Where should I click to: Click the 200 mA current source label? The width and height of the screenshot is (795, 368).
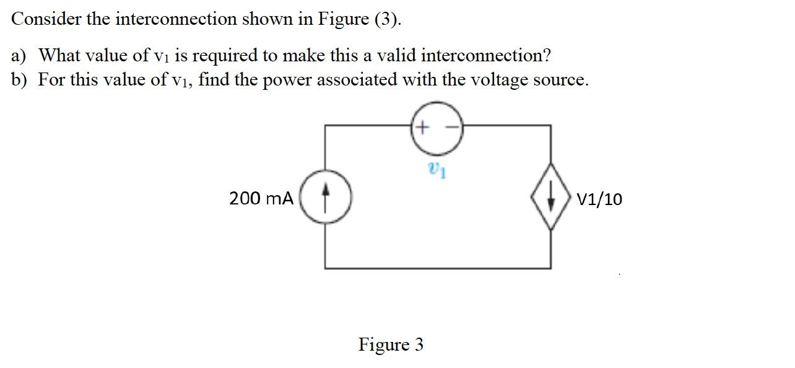coord(261,199)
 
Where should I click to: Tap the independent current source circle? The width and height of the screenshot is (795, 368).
coord(326,198)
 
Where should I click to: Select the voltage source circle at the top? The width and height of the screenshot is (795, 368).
coord(438,128)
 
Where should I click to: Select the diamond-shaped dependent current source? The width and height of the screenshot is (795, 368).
coord(550,198)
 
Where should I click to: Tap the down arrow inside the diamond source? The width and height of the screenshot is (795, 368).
coord(550,198)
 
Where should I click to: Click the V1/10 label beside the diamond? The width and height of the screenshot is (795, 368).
coord(599,199)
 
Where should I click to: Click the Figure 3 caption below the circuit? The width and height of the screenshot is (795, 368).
coord(391,344)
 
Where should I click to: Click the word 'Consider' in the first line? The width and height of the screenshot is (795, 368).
coord(46,20)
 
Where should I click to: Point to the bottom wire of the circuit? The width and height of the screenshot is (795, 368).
coord(438,268)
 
